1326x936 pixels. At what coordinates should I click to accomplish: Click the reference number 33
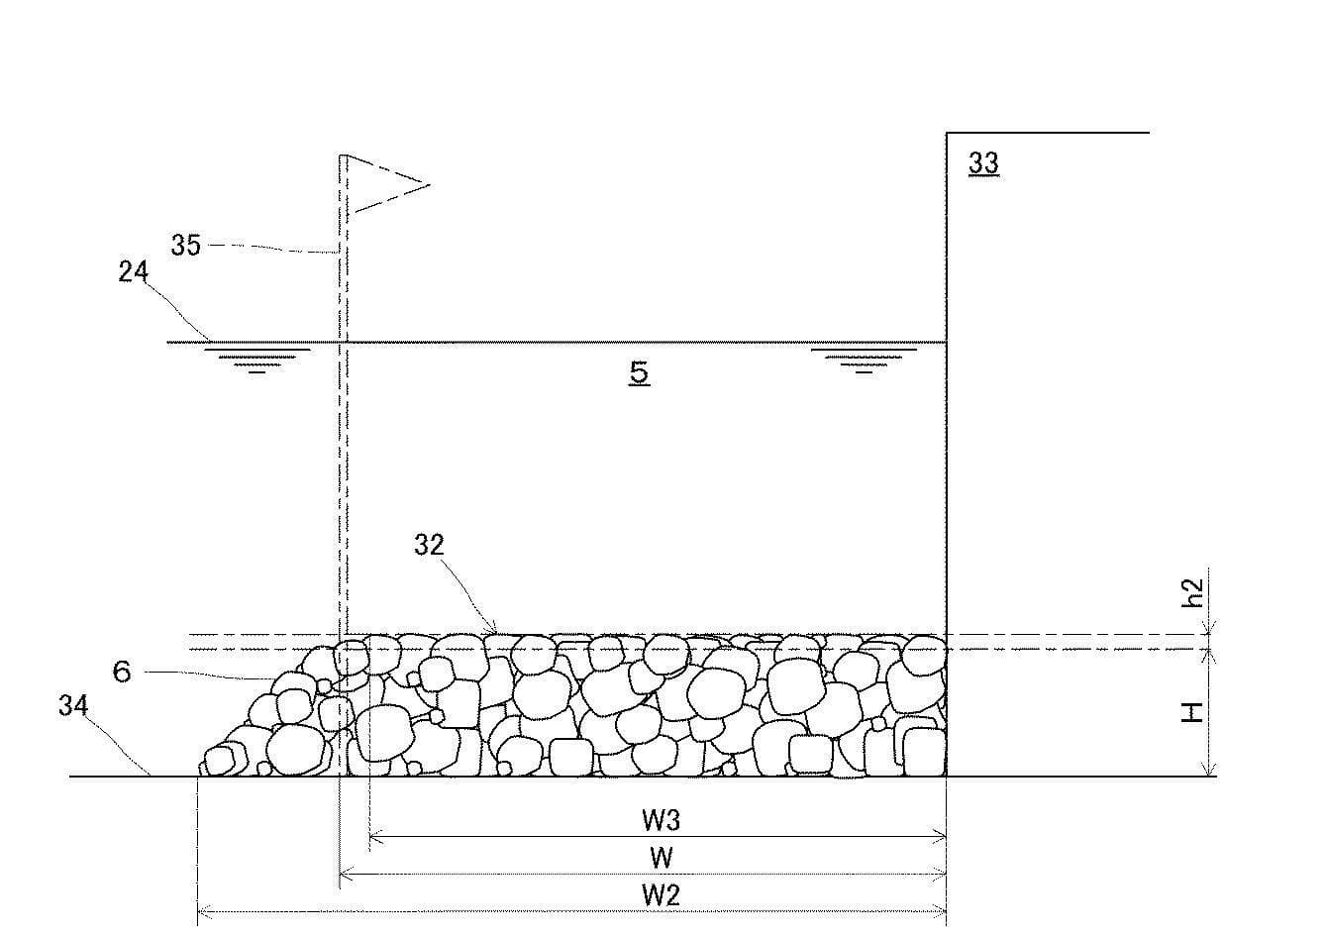click(983, 162)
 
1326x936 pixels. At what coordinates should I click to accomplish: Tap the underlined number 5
click(639, 372)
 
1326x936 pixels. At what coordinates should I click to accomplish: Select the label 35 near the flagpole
click(186, 245)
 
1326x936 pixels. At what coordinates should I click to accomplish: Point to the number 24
click(133, 271)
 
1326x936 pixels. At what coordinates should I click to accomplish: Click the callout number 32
click(429, 545)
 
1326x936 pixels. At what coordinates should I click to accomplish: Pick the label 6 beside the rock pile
click(122, 672)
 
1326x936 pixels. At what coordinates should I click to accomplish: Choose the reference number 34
click(73, 705)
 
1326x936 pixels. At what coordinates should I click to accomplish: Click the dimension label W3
click(662, 820)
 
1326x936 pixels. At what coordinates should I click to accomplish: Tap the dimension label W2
click(662, 895)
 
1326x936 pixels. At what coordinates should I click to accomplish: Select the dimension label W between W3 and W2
click(662, 858)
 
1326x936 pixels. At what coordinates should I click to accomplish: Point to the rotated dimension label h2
click(1192, 593)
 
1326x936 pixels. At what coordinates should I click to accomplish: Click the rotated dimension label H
click(1192, 712)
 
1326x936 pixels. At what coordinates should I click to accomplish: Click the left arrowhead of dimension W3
click(374, 837)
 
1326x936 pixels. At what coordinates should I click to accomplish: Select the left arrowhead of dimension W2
click(203, 912)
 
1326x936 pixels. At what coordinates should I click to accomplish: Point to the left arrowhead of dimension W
click(345, 874)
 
